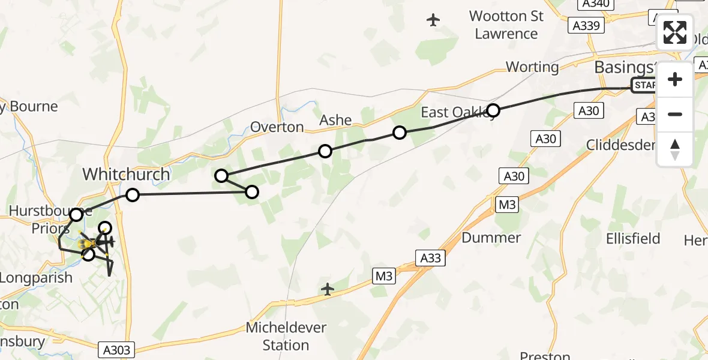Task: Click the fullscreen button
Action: click(675, 32)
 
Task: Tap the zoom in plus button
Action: click(675, 79)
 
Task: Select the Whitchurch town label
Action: click(126, 175)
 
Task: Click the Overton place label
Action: click(277, 127)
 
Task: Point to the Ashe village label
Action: click(335, 120)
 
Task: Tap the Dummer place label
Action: click(491, 238)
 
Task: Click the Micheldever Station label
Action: click(286, 337)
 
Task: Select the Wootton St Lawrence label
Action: click(506, 25)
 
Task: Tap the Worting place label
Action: click(532, 67)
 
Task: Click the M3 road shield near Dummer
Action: click(508, 205)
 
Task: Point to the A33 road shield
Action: click(430, 259)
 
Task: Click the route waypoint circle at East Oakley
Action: click(493, 110)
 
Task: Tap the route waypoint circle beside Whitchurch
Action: click(132, 195)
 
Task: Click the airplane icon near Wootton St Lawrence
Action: click(433, 20)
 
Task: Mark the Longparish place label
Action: click(36, 278)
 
